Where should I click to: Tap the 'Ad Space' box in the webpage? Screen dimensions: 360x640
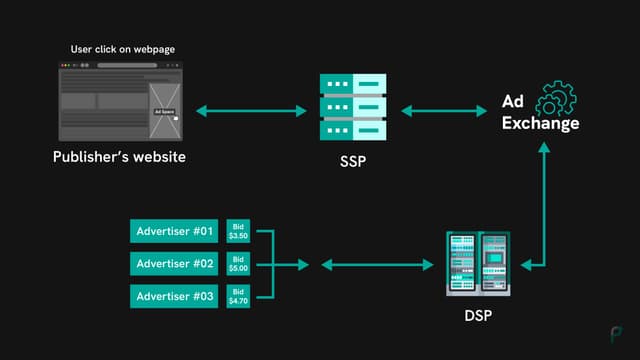tap(164, 112)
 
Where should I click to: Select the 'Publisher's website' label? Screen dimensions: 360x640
tap(120, 158)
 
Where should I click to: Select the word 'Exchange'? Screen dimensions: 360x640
tap(540, 125)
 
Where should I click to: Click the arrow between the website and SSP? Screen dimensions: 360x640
tap(251, 109)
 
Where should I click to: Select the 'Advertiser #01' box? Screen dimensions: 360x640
tap(175, 231)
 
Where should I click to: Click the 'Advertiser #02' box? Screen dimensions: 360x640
tap(175, 264)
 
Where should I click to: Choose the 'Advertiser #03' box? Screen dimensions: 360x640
tap(175, 297)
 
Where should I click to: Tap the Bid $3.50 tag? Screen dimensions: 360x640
tap(238, 231)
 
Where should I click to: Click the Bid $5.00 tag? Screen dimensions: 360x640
tap(238, 264)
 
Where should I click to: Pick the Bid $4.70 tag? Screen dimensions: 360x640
tap(238, 297)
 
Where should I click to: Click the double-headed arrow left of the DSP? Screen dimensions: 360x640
tap(371, 265)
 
